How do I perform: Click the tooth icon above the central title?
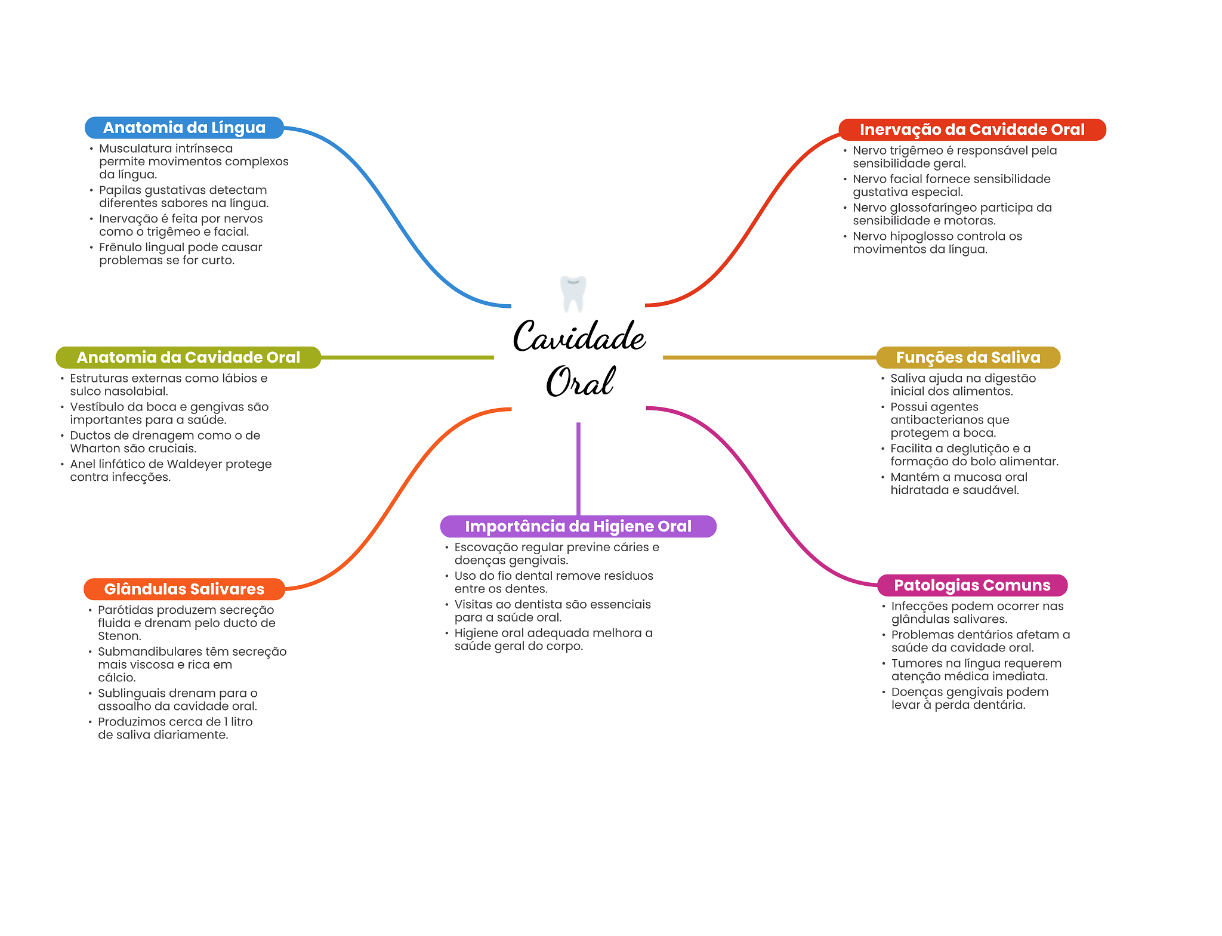tap(573, 294)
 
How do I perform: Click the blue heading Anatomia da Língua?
tap(184, 128)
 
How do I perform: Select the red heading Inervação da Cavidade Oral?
tap(972, 129)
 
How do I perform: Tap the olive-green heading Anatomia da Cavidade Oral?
tap(189, 357)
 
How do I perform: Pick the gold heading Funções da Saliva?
tap(968, 357)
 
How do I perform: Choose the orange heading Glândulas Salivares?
tap(184, 589)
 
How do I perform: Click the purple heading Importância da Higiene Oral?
tap(578, 526)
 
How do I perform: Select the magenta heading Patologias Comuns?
tap(972, 585)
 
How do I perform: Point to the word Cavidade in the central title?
tap(579, 336)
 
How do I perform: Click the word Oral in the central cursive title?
tap(580, 381)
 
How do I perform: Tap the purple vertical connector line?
tap(578, 469)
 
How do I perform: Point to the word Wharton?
tap(95, 449)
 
